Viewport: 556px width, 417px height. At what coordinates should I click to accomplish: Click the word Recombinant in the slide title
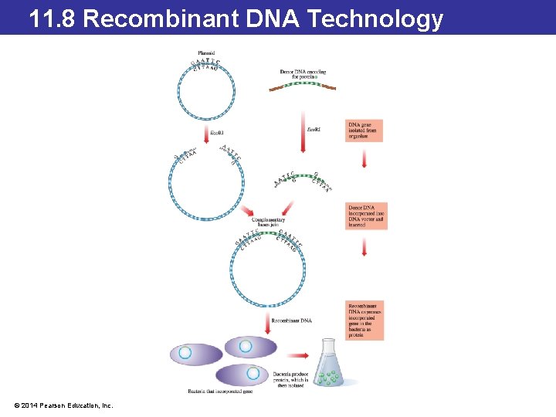161,19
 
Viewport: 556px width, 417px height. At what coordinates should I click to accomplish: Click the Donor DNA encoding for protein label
303,74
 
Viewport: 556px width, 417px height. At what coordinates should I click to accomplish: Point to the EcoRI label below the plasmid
218,133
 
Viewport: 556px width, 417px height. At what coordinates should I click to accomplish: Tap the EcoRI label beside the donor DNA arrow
314,131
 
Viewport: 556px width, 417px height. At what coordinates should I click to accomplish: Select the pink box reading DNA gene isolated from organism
364,131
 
